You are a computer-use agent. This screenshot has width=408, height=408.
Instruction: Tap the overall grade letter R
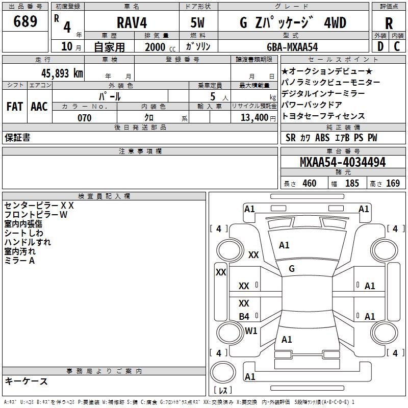(x=389, y=23)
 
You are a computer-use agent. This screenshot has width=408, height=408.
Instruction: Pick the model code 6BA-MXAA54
(x=292, y=47)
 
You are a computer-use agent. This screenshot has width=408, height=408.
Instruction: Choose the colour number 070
(x=85, y=118)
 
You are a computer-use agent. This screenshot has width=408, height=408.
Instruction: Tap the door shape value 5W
(x=198, y=23)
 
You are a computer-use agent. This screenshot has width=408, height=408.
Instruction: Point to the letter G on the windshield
(x=292, y=269)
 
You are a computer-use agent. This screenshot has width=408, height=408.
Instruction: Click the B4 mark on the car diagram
(x=244, y=316)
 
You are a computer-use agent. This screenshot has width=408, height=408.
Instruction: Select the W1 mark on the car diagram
(x=251, y=330)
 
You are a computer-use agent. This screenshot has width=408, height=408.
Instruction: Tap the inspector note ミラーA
(x=20, y=261)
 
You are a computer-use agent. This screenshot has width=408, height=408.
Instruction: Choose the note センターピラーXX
(x=39, y=206)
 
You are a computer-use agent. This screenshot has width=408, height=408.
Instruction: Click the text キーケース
(x=27, y=381)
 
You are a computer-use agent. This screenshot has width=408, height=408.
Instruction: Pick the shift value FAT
(x=15, y=107)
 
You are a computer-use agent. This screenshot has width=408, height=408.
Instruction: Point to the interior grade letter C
(x=397, y=46)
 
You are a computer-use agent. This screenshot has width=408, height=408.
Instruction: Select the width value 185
(x=352, y=184)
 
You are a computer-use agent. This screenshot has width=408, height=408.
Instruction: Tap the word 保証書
(x=17, y=138)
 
